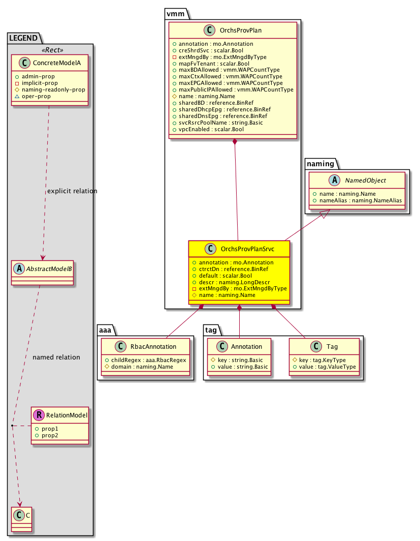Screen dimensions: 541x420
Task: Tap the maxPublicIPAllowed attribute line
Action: click(233, 89)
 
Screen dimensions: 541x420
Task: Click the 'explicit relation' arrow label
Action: click(72, 191)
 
